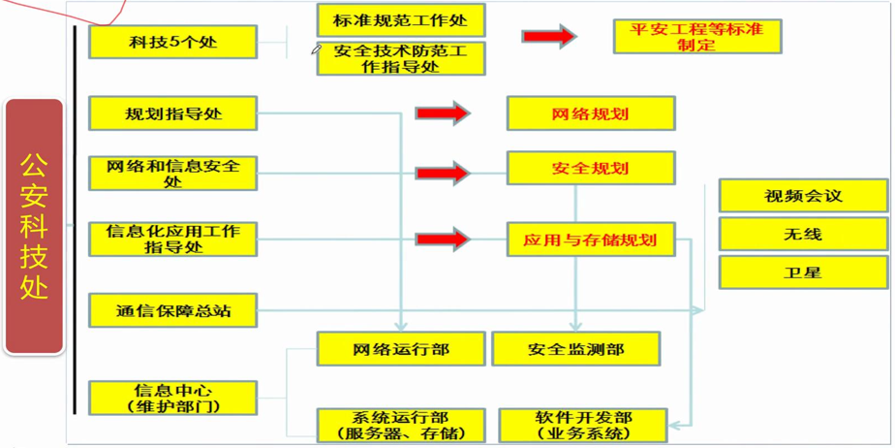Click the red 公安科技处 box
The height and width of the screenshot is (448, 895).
point(35,226)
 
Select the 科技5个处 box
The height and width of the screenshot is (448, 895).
point(172,43)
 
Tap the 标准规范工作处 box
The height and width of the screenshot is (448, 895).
point(400,20)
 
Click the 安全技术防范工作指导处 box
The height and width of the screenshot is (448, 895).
point(400,58)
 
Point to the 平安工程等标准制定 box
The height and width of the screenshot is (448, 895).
point(696,37)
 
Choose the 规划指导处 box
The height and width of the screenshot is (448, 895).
point(172,113)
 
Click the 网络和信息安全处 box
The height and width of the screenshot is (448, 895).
point(172,174)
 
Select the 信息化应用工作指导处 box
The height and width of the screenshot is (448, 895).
point(172,239)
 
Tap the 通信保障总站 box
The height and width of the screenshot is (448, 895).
point(172,311)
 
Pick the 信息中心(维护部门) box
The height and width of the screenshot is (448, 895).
point(172,398)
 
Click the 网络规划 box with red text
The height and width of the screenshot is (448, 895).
point(590,113)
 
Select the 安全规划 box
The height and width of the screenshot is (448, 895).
point(590,169)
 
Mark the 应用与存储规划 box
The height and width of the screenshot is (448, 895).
point(590,240)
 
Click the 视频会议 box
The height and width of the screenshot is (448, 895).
point(802,196)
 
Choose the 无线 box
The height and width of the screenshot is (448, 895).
point(802,235)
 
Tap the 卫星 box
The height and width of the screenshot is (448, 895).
point(802,272)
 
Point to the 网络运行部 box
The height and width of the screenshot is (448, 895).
point(400,349)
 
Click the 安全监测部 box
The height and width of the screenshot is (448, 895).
point(575,349)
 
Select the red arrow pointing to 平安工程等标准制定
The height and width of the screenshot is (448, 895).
point(548,37)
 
